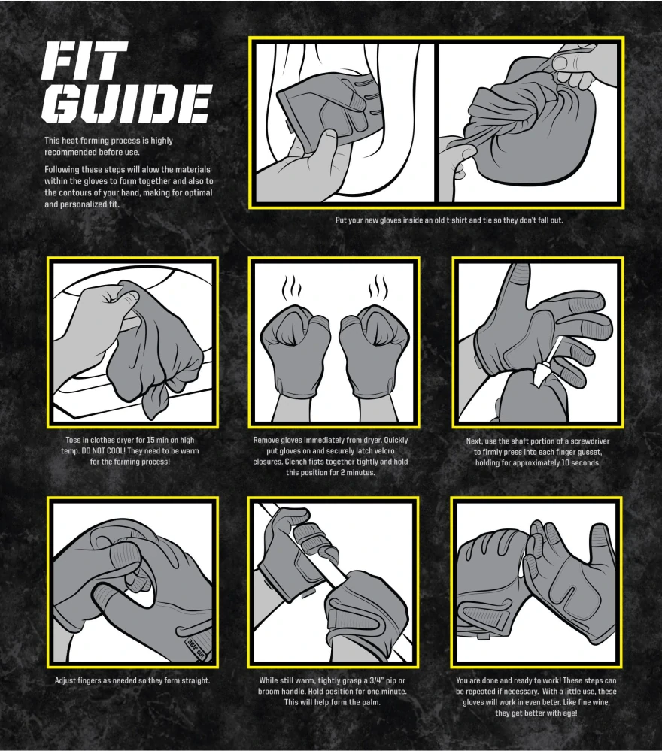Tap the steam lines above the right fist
pyautogui.click(x=378, y=288)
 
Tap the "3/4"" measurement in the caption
pyautogui.click(x=372, y=680)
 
